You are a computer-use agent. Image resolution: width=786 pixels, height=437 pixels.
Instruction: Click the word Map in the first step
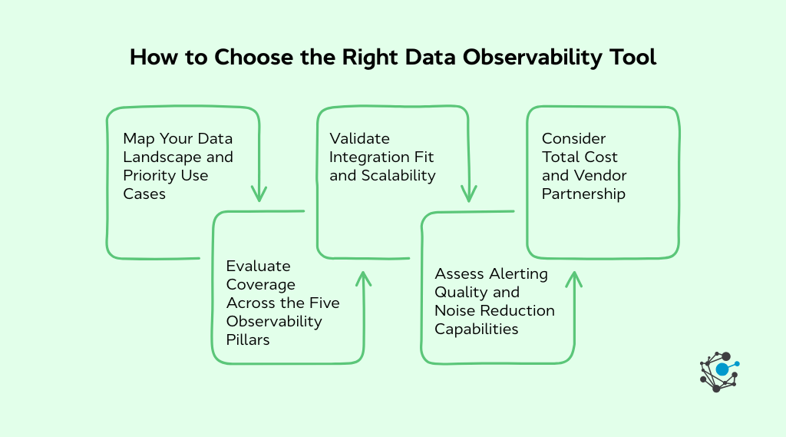138,139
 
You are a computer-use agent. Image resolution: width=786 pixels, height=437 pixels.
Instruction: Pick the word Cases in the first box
144,194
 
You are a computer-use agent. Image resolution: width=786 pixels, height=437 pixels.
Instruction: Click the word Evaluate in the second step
258,266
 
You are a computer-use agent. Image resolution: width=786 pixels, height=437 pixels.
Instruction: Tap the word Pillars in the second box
248,339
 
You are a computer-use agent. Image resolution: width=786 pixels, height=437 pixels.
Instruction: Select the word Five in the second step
324,303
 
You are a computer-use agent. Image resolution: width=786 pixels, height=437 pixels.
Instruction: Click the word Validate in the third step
360,139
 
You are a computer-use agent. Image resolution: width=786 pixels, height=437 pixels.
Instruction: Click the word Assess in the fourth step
458,274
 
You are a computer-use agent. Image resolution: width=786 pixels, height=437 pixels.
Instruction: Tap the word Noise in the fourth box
454,311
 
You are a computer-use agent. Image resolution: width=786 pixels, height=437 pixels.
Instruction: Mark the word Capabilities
477,329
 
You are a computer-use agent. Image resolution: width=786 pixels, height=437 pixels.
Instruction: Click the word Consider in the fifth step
573,139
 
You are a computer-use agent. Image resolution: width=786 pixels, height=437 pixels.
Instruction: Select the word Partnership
583,194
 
